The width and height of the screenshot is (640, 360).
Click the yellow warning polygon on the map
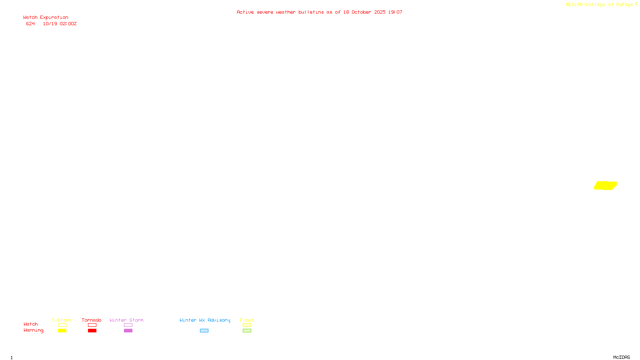coord(605,186)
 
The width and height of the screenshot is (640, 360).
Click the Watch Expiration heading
coord(46,18)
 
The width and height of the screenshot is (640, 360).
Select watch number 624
coord(30,24)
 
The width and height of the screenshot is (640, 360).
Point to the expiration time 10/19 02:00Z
coord(60,24)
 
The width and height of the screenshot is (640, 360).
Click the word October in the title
coord(361,12)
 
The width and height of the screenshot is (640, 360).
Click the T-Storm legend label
coord(62,320)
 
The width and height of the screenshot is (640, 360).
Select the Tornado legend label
coord(92,320)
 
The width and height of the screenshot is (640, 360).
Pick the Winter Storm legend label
coord(126,320)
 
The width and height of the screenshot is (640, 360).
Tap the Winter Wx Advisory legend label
coord(205,320)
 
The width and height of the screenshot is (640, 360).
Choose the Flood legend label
coord(247,320)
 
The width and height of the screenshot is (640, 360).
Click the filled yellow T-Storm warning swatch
coord(62,331)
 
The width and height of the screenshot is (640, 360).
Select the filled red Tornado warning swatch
coord(92,331)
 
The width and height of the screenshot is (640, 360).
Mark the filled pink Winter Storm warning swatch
coord(128,331)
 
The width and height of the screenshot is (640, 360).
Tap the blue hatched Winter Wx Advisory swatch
coord(204,331)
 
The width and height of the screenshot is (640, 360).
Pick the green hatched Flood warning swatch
coord(247,331)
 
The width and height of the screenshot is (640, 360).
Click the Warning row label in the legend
coord(33,330)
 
